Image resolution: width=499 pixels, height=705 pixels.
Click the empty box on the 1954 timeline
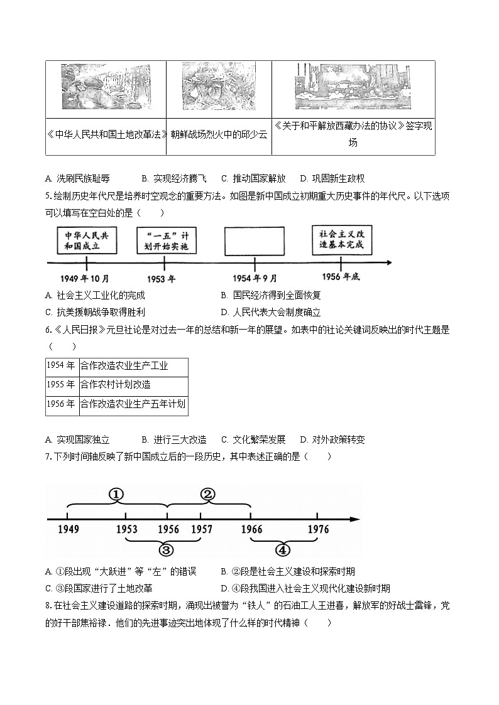tap(254, 242)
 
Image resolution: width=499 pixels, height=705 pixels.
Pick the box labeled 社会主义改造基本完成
tap(341, 240)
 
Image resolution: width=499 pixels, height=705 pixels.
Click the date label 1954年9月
tap(255, 278)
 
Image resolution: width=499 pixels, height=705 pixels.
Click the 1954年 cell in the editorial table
tap(62, 366)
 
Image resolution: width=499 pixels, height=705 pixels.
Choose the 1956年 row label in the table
tap(62, 404)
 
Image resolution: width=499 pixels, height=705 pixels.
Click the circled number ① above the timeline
tap(116, 494)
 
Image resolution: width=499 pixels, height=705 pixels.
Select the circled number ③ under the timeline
tap(166, 550)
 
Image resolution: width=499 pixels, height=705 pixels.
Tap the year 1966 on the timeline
tap(251, 529)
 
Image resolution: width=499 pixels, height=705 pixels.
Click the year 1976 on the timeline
tap(318, 529)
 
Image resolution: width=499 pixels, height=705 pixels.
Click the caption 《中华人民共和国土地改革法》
tap(106, 134)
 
